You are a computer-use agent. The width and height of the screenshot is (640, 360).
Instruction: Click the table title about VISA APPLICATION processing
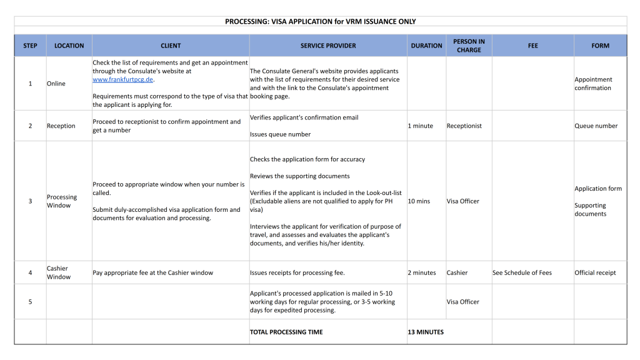point(321,21)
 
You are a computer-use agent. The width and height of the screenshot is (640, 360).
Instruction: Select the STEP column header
point(30,46)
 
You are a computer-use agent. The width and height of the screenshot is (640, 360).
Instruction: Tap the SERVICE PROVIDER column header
point(328,46)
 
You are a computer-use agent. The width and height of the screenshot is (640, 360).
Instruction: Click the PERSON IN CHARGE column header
point(469,46)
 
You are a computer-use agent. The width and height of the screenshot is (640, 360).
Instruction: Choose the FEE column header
point(532,46)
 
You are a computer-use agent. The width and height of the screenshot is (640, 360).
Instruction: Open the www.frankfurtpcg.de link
point(122,79)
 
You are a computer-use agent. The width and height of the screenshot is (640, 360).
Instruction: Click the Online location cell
point(56,84)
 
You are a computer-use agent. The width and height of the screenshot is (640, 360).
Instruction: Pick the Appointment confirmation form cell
point(593,84)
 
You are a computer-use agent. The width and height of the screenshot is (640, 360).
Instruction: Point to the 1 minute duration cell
point(421,126)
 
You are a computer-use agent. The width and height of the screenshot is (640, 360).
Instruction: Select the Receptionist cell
point(464,126)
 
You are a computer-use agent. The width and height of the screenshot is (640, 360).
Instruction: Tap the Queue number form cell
point(596,126)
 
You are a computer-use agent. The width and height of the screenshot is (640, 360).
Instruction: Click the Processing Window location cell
point(62,201)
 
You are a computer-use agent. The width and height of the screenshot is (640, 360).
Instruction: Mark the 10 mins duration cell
point(419,201)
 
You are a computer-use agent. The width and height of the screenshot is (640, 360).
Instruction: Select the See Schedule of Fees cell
point(522,272)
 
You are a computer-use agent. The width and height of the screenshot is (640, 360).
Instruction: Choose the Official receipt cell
point(595,272)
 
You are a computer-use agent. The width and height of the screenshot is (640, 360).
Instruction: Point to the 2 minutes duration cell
point(422,272)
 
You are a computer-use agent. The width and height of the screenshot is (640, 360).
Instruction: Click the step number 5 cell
point(30,302)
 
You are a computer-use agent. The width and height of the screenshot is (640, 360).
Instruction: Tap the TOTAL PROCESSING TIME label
point(286,332)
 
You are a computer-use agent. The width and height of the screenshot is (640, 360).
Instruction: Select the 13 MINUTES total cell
point(426,332)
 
